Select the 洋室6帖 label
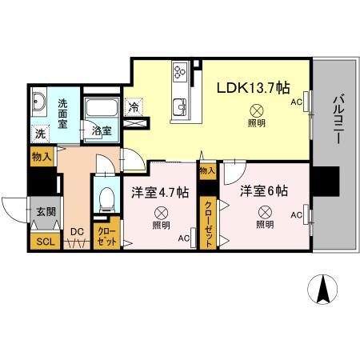[x=264, y=190]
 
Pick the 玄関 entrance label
[x=45, y=212]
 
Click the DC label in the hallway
[x=77, y=232]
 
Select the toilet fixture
[x=105, y=198]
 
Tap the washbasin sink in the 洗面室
[x=41, y=102]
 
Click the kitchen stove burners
[x=180, y=74]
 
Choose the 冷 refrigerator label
[x=134, y=106]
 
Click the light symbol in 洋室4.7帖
[x=161, y=213]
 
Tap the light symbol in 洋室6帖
[x=265, y=212]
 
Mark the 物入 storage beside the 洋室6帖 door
[x=208, y=170]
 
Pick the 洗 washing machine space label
[x=39, y=134]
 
